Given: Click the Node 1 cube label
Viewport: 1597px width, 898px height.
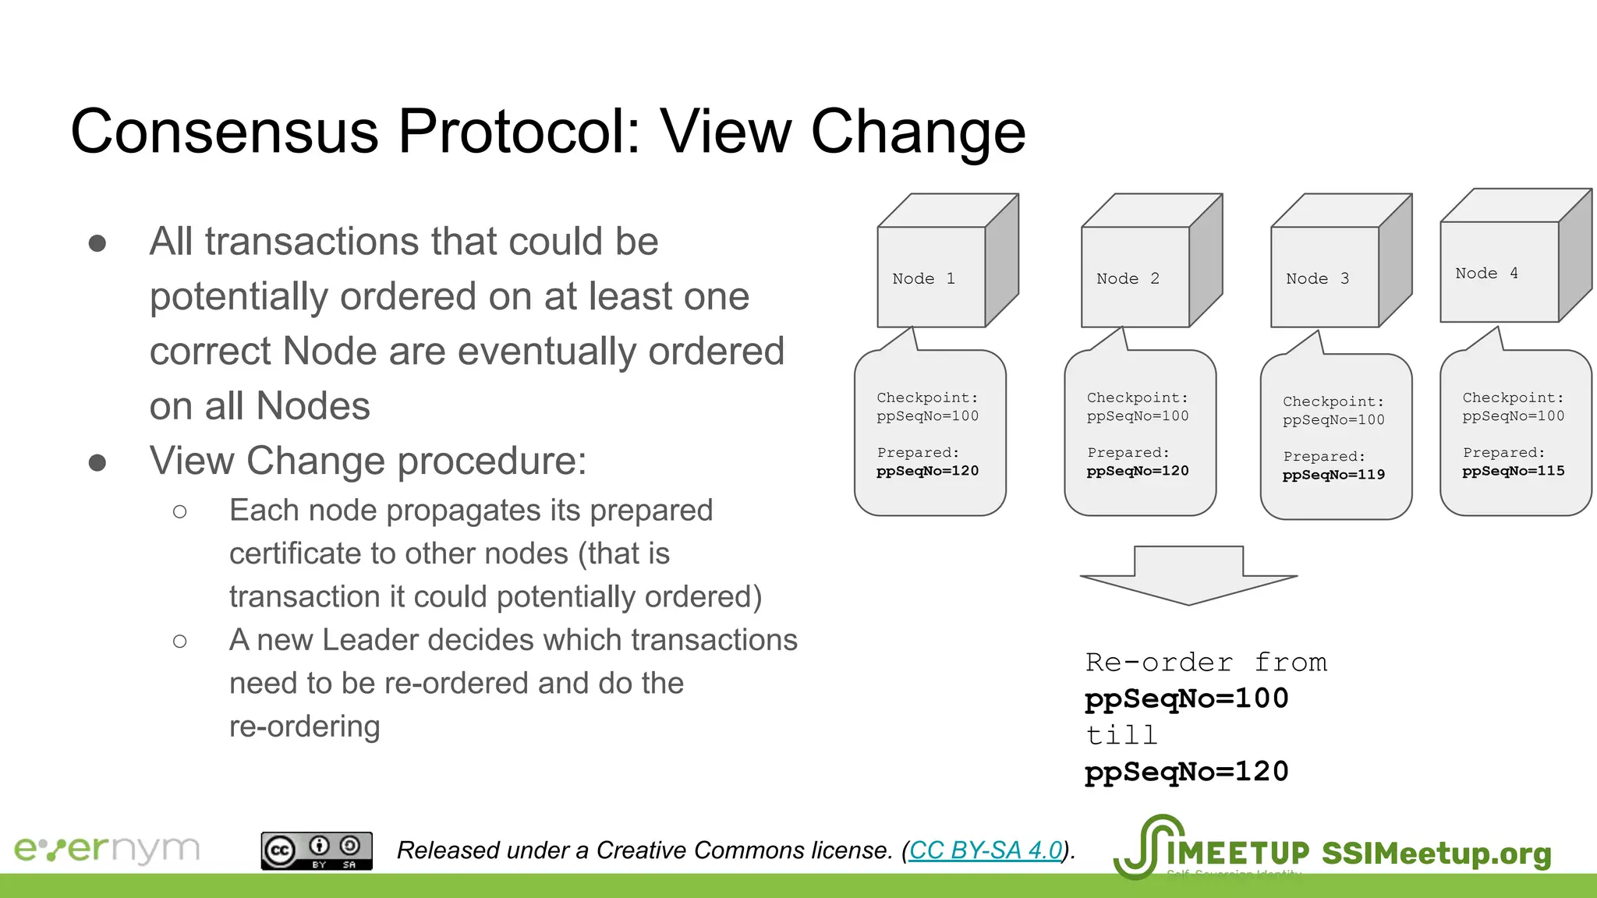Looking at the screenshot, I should (923, 278).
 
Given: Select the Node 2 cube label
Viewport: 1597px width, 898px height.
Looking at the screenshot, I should (1128, 278).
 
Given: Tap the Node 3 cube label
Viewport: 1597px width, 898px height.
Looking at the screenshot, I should (1317, 278).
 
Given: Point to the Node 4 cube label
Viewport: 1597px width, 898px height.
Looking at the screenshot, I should (1486, 273).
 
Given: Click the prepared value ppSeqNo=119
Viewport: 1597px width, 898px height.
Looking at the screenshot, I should (1333, 475).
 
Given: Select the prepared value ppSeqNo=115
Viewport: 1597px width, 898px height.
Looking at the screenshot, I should (1513, 471).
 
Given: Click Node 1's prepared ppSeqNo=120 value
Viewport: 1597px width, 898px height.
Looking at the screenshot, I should (927, 471).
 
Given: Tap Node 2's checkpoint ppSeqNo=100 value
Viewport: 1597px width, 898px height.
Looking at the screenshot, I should (1138, 416).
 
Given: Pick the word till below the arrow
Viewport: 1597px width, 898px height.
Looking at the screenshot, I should (1121, 735).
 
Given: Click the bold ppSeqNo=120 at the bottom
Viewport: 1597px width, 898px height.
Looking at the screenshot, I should (1186, 772).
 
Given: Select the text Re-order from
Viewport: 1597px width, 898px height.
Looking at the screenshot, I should (1206, 663).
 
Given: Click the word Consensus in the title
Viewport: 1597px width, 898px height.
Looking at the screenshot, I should (225, 131).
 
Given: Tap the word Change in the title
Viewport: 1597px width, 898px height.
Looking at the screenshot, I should (918, 131).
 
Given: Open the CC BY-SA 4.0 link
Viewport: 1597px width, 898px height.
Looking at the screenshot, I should (986, 850).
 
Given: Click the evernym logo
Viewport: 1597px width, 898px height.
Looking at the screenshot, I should (107, 849).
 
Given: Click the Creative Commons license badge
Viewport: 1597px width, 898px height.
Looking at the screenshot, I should (316, 850).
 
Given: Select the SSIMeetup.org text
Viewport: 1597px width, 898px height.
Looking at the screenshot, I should (1436, 853).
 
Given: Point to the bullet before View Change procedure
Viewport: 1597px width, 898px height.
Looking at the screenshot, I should (97, 462).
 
